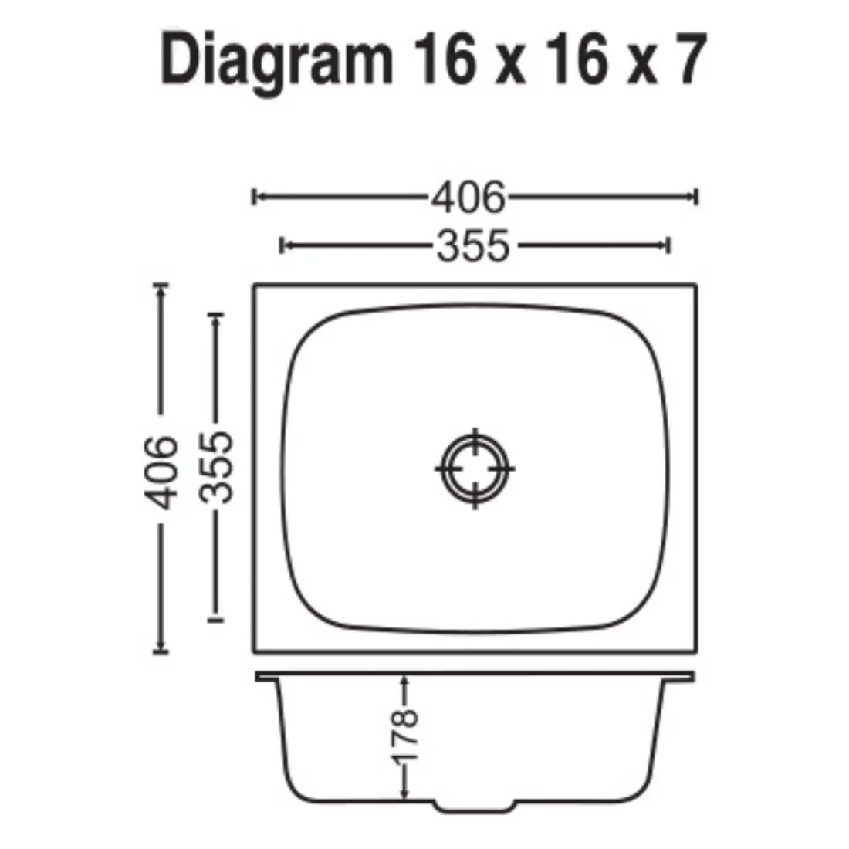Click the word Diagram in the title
(x=276, y=61)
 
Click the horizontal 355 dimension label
(x=473, y=245)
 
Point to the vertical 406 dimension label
(x=161, y=472)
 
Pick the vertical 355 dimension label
(x=215, y=467)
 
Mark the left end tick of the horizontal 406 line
(x=254, y=197)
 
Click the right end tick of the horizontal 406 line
(x=696, y=197)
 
